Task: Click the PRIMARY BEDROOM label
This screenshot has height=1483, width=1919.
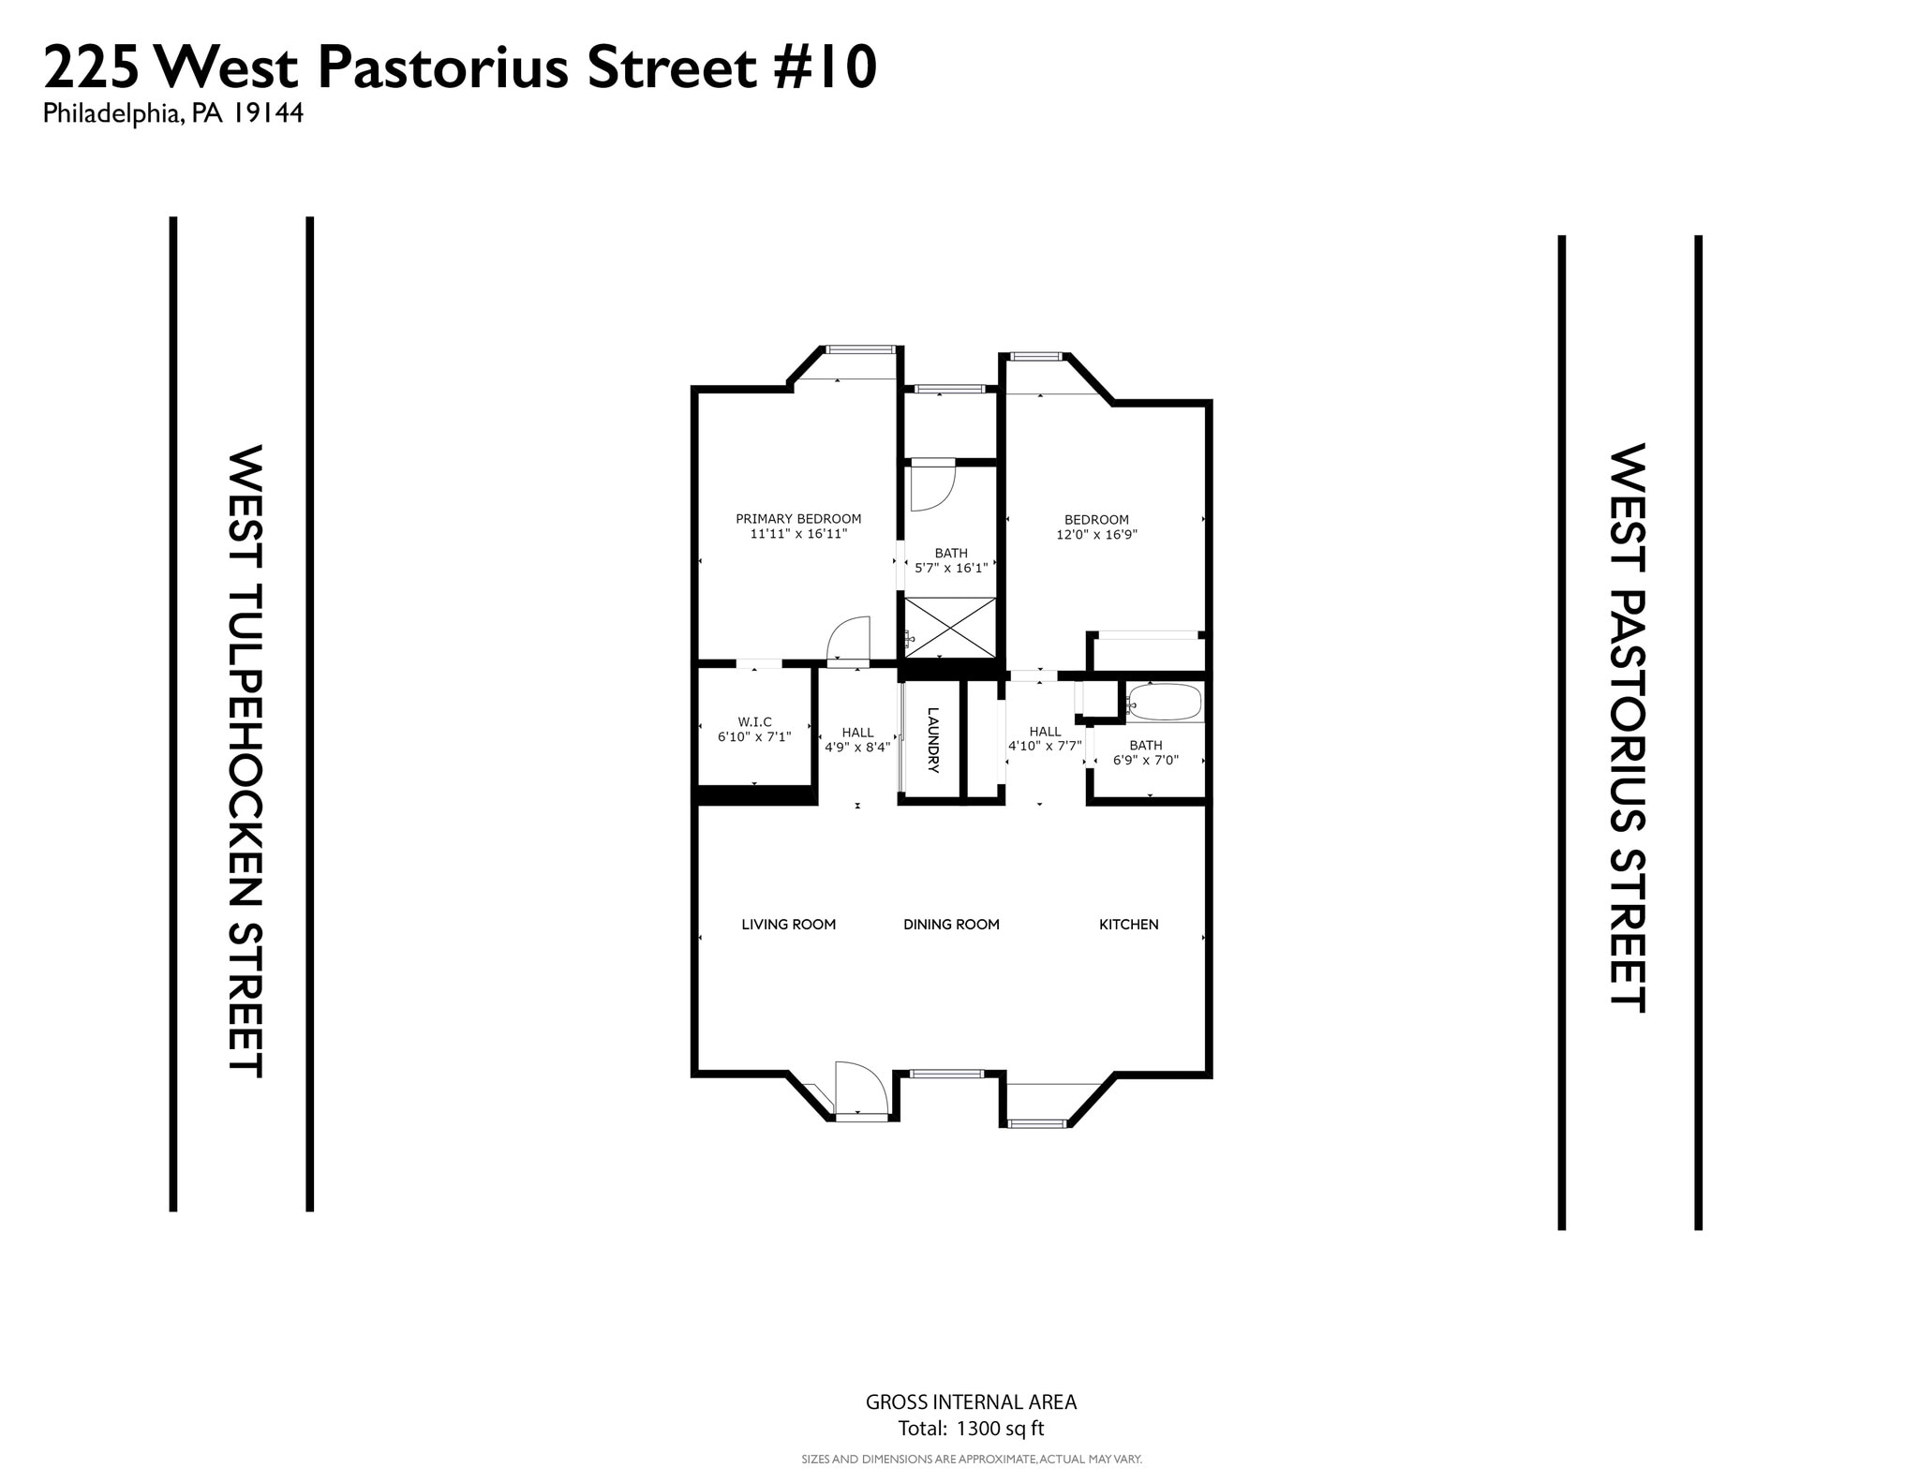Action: [798, 519]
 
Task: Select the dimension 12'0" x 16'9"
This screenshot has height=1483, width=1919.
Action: [1096, 535]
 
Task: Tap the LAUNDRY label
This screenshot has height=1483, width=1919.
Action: [933, 739]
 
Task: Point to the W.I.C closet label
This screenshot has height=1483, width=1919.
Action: [754, 721]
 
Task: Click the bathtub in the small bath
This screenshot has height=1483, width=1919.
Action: [1164, 703]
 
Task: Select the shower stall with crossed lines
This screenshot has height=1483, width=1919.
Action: [950, 627]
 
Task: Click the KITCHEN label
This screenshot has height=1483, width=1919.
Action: [1128, 925]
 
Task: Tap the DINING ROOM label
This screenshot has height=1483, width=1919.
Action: [951, 925]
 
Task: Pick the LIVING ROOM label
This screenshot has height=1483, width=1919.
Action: [788, 925]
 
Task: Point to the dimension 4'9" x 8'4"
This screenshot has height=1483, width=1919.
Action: [857, 748]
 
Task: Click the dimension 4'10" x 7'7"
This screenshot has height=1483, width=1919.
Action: [1045, 747]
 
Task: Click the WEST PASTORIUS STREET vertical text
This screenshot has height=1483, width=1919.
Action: [1628, 728]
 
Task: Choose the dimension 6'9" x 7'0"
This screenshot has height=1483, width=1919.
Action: [1145, 761]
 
